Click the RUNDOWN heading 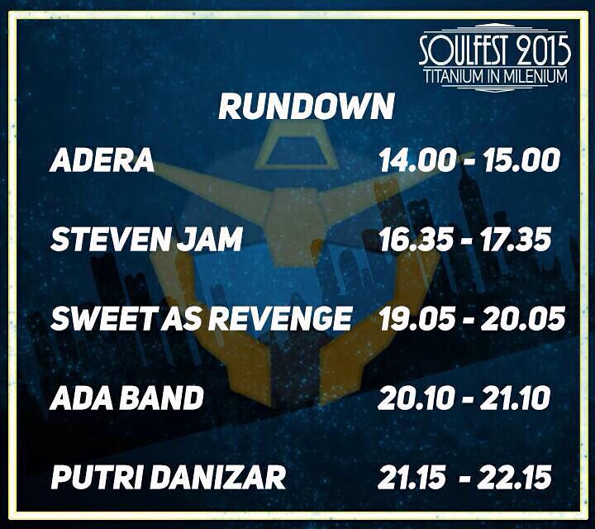[306, 107]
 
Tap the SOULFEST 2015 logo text [494, 50]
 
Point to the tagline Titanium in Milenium [495, 76]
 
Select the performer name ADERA [102, 160]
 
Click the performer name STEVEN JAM [146, 240]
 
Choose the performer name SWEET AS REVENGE [202, 319]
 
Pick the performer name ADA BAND [126, 398]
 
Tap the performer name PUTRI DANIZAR [168, 477]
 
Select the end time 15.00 [522, 160]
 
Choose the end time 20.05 [526, 319]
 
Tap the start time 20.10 [415, 398]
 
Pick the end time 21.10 [516, 398]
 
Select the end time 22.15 [521, 477]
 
